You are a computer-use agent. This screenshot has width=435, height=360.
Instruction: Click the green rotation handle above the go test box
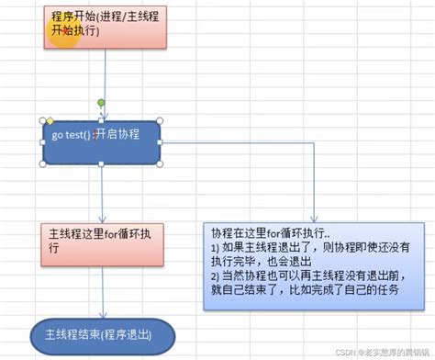[101, 102]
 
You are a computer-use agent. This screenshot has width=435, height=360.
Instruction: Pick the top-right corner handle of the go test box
[161, 120]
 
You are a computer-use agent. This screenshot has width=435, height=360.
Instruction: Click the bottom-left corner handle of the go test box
[43, 164]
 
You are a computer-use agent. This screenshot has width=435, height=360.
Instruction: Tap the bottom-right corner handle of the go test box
[161, 164]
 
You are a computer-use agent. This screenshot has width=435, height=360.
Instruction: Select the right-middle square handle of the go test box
[161, 142]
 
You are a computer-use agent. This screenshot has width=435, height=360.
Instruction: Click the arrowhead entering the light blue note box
[315, 213]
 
